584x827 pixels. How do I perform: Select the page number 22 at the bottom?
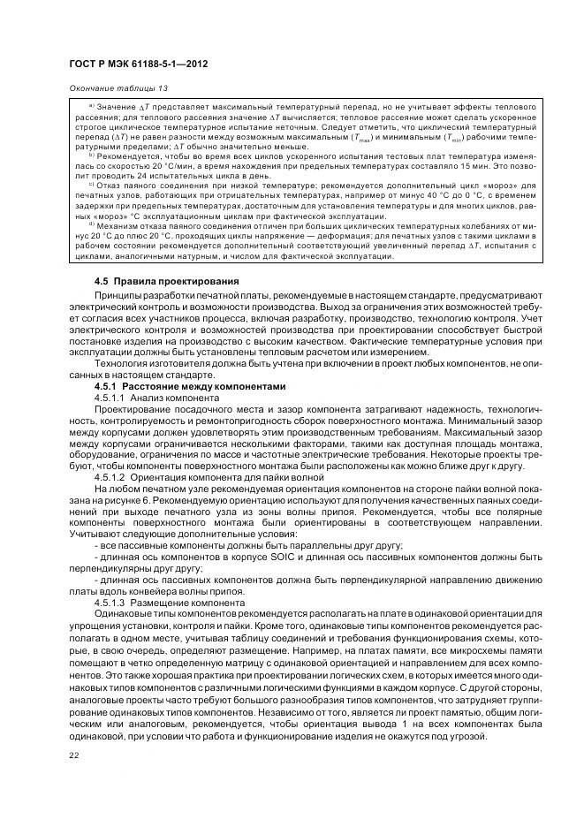click(x=73, y=754)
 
